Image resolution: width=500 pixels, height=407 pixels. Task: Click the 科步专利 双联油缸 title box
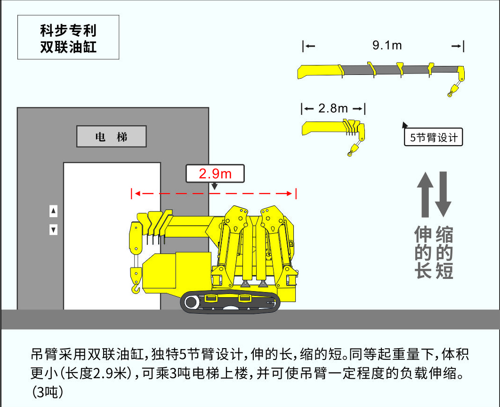click(x=68, y=38)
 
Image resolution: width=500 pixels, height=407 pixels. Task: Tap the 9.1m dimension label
click(x=387, y=45)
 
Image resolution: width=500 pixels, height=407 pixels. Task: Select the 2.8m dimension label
click(x=333, y=108)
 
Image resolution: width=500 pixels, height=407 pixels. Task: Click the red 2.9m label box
click(x=215, y=173)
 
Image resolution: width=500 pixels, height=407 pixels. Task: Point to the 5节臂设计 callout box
click(x=434, y=138)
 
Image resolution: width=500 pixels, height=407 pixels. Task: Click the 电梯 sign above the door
click(x=112, y=137)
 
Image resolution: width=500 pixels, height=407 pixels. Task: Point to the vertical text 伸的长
click(x=423, y=252)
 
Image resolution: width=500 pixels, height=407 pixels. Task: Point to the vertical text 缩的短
click(x=444, y=252)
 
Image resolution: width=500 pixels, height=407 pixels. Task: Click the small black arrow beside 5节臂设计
click(x=404, y=125)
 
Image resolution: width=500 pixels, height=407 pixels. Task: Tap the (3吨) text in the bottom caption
click(x=47, y=392)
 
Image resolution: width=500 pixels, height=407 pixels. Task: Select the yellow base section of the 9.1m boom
click(x=319, y=71)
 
